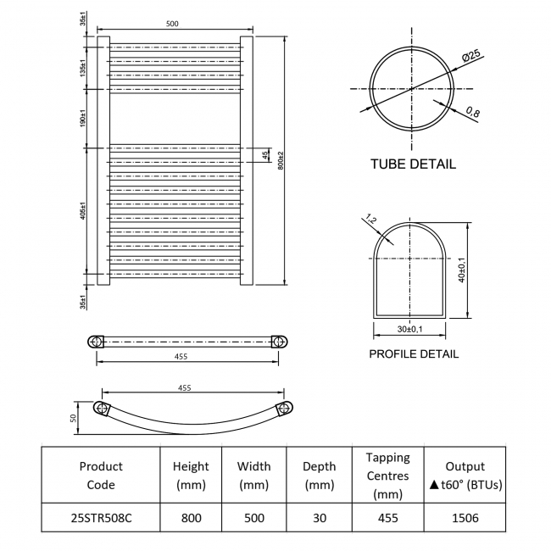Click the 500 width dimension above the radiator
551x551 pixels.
coord(172,24)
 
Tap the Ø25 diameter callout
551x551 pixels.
coord(470,56)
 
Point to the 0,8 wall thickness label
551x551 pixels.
coord(473,112)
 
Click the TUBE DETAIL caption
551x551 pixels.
coord(414,164)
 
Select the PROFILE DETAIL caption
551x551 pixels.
coord(414,353)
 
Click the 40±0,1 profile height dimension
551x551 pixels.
coord(462,270)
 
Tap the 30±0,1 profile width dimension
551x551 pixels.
coord(409,329)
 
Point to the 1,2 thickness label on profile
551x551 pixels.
coord(371,220)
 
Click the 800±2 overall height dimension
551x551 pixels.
coord(281,160)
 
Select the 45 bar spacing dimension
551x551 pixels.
coord(265,154)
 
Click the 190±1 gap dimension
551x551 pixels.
coord(83,119)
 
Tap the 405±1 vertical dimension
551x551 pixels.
coord(83,210)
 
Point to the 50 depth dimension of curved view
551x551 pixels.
coord(73,418)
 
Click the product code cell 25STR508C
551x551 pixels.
coord(101,518)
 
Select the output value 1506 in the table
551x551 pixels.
coord(465,518)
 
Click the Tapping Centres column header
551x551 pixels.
coord(387,476)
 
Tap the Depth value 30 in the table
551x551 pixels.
coord(319,518)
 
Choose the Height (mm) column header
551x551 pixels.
coord(191,476)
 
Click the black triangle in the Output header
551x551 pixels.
coord(434,485)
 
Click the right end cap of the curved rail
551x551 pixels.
coord(286,409)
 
